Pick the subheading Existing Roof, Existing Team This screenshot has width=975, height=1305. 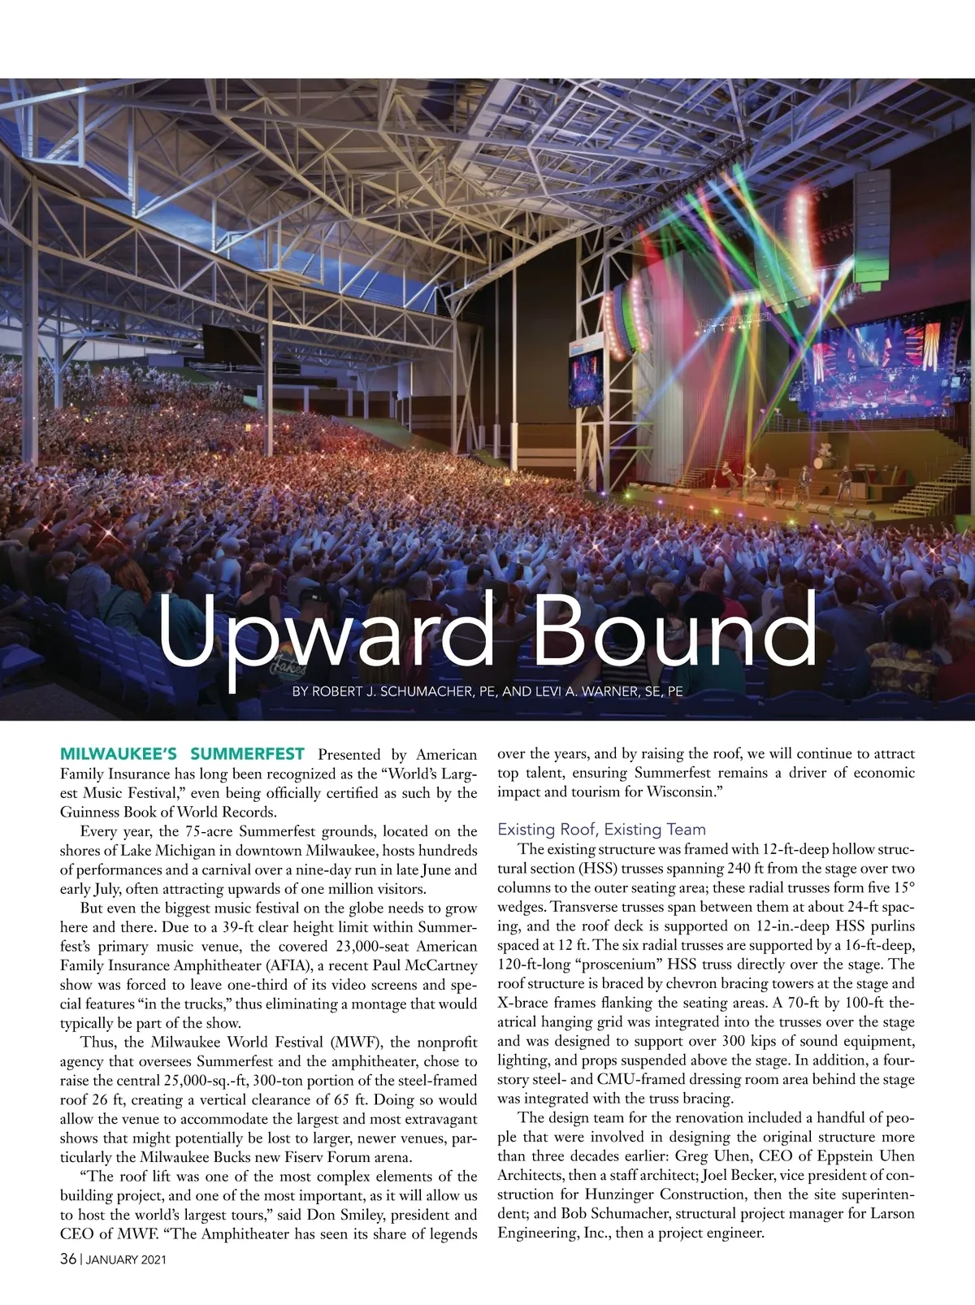(601, 830)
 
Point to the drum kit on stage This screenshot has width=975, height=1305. (825, 455)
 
